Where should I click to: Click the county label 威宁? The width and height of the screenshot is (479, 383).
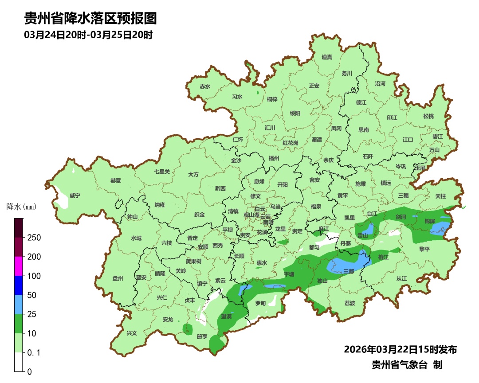pos(75,195)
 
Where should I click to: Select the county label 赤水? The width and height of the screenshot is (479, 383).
pos(205,87)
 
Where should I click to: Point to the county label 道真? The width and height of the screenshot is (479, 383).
pos(327,57)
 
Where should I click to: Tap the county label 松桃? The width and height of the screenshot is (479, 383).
pos(428,116)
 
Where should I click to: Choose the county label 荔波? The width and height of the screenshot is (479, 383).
pos(349,303)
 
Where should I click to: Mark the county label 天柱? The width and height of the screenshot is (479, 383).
pos(440,196)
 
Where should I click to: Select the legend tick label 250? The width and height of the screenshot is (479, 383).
pos(34,238)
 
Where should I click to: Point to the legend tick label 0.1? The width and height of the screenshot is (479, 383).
pos(34,352)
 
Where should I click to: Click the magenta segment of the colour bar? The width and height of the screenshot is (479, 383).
pos(18,266)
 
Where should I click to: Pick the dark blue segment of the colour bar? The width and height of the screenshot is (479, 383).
pos(18,285)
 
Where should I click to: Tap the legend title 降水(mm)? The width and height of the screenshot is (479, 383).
pos(21,207)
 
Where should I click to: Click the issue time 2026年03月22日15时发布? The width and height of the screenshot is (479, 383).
pos(400,349)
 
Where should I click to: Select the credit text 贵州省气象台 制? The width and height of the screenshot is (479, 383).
pos(406,365)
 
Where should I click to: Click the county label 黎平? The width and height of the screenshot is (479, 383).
pos(424,249)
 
